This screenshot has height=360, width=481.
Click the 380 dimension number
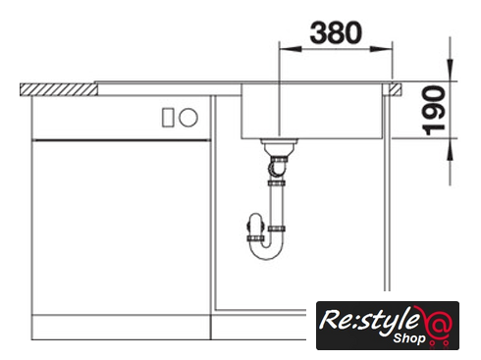point(336,32)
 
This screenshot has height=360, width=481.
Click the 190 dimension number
point(434,110)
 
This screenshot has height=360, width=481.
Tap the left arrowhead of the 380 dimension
point(290,49)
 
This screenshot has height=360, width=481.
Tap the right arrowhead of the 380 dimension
point(381,49)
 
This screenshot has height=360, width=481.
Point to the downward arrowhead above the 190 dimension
point(451,70)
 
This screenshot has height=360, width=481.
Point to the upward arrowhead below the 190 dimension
point(451,149)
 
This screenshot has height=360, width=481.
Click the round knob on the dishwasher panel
point(188,118)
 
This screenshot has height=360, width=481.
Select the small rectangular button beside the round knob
point(168,118)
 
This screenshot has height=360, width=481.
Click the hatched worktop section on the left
point(59,89)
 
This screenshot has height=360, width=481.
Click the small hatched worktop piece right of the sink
point(396,89)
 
